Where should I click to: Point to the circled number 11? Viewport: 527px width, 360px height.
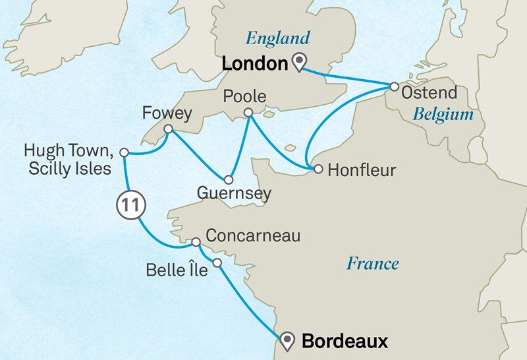130,205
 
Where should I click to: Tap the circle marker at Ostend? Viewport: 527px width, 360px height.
394,86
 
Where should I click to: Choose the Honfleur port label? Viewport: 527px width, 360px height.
362,170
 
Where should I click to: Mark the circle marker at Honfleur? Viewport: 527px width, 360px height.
318,169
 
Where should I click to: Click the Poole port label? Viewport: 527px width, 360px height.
245,97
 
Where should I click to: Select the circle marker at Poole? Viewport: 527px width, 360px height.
248,113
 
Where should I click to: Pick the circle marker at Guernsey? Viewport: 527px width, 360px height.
229,179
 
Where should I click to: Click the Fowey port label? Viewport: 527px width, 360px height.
167,113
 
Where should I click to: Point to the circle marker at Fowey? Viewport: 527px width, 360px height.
167,129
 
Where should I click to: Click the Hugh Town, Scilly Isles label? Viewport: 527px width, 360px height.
70,160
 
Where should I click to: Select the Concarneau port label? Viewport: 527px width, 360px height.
253,235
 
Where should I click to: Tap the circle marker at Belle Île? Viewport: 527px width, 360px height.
218,264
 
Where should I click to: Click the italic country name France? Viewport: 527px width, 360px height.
373,264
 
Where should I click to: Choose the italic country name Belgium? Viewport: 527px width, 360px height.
443,115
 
